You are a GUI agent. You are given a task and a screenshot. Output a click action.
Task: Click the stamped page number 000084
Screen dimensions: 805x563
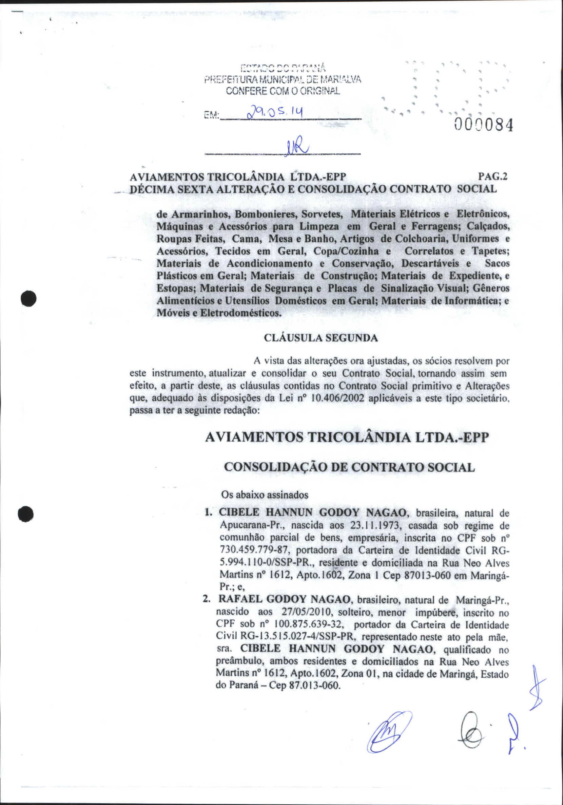[x=484, y=125]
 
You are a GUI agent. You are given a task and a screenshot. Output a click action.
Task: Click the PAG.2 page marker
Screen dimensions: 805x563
[x=494, y=177]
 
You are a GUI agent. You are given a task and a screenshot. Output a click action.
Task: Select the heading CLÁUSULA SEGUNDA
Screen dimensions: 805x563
[x=321, y=338]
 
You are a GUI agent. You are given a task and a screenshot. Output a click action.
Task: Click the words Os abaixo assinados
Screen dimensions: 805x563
[x=265, y=495]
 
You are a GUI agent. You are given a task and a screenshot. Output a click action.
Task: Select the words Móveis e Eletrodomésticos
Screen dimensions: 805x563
[x=219, y=313]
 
